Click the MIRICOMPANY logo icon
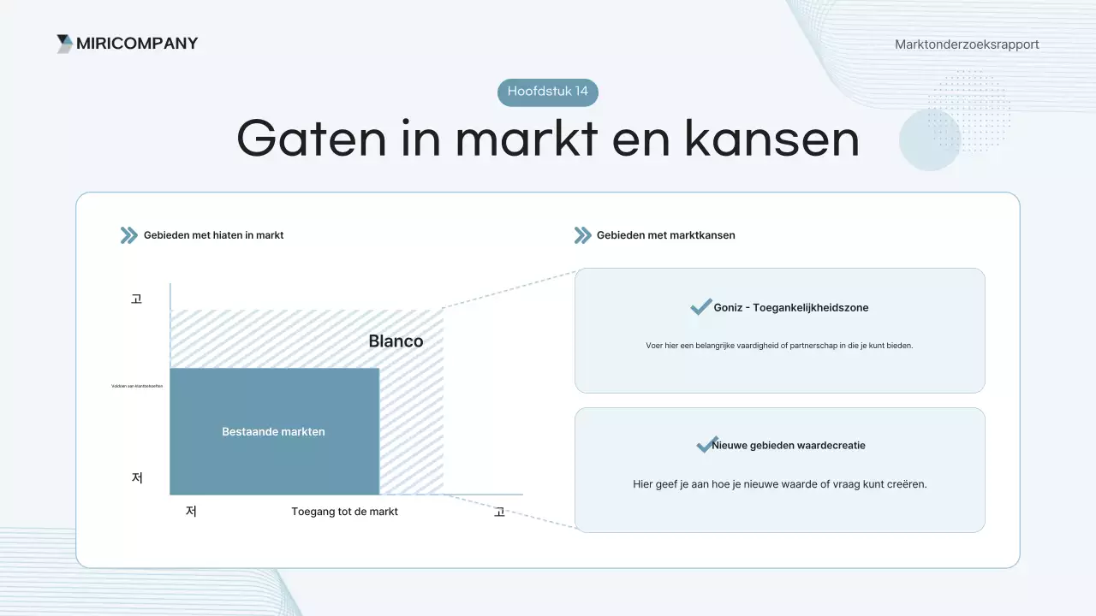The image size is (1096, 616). coord(64,44)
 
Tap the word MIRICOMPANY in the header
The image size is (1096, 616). coord(137,44)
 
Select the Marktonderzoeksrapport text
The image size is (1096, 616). coord(967,44)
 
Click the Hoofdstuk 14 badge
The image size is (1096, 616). coord(548,92)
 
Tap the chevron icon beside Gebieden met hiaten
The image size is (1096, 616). coord(129,235)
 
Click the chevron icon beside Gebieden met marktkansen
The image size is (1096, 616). coord(582,235)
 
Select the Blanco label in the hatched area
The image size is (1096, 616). coord(396,341)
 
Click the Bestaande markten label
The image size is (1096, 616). coord(273,432)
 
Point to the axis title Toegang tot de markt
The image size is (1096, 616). coord(344,512)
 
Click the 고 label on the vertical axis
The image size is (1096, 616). coord(136,299)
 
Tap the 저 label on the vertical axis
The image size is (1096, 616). coord(136,477)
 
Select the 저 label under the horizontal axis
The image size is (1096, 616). coord(191,512)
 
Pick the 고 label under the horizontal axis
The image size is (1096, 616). coord(499,512)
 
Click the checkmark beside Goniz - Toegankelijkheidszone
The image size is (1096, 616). coord(700,307)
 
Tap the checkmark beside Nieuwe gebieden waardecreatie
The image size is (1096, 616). coord(706,445)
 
